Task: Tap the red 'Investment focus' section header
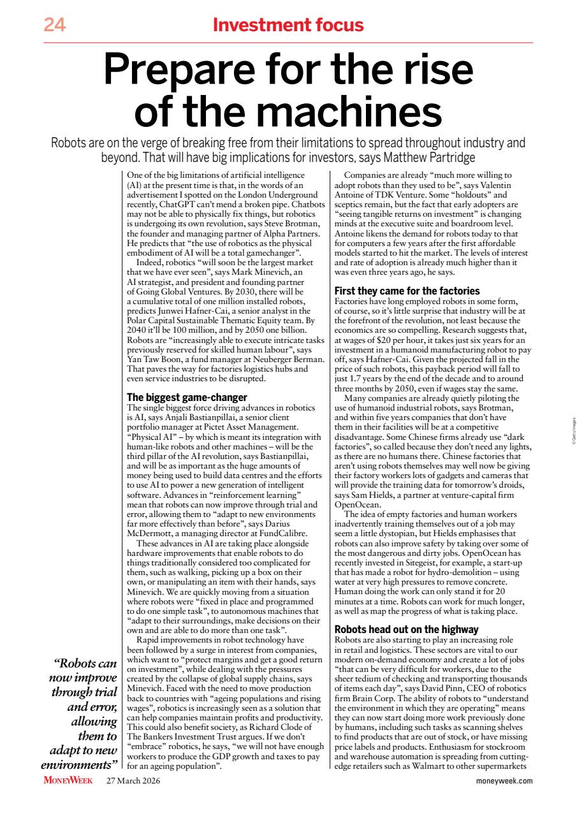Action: pyautogui.click(x=288, y=25)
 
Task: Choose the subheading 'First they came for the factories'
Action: pyautogui.click(x=407, y=290)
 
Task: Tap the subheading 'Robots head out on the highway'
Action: pyautogui.click(x=406, y=629)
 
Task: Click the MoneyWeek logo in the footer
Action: pyautogui.click(x=68, y=780)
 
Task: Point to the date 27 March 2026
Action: pyautogui.click(x=133, y=780)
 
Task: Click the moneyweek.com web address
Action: pyautogui.click(x=504, y=780)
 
